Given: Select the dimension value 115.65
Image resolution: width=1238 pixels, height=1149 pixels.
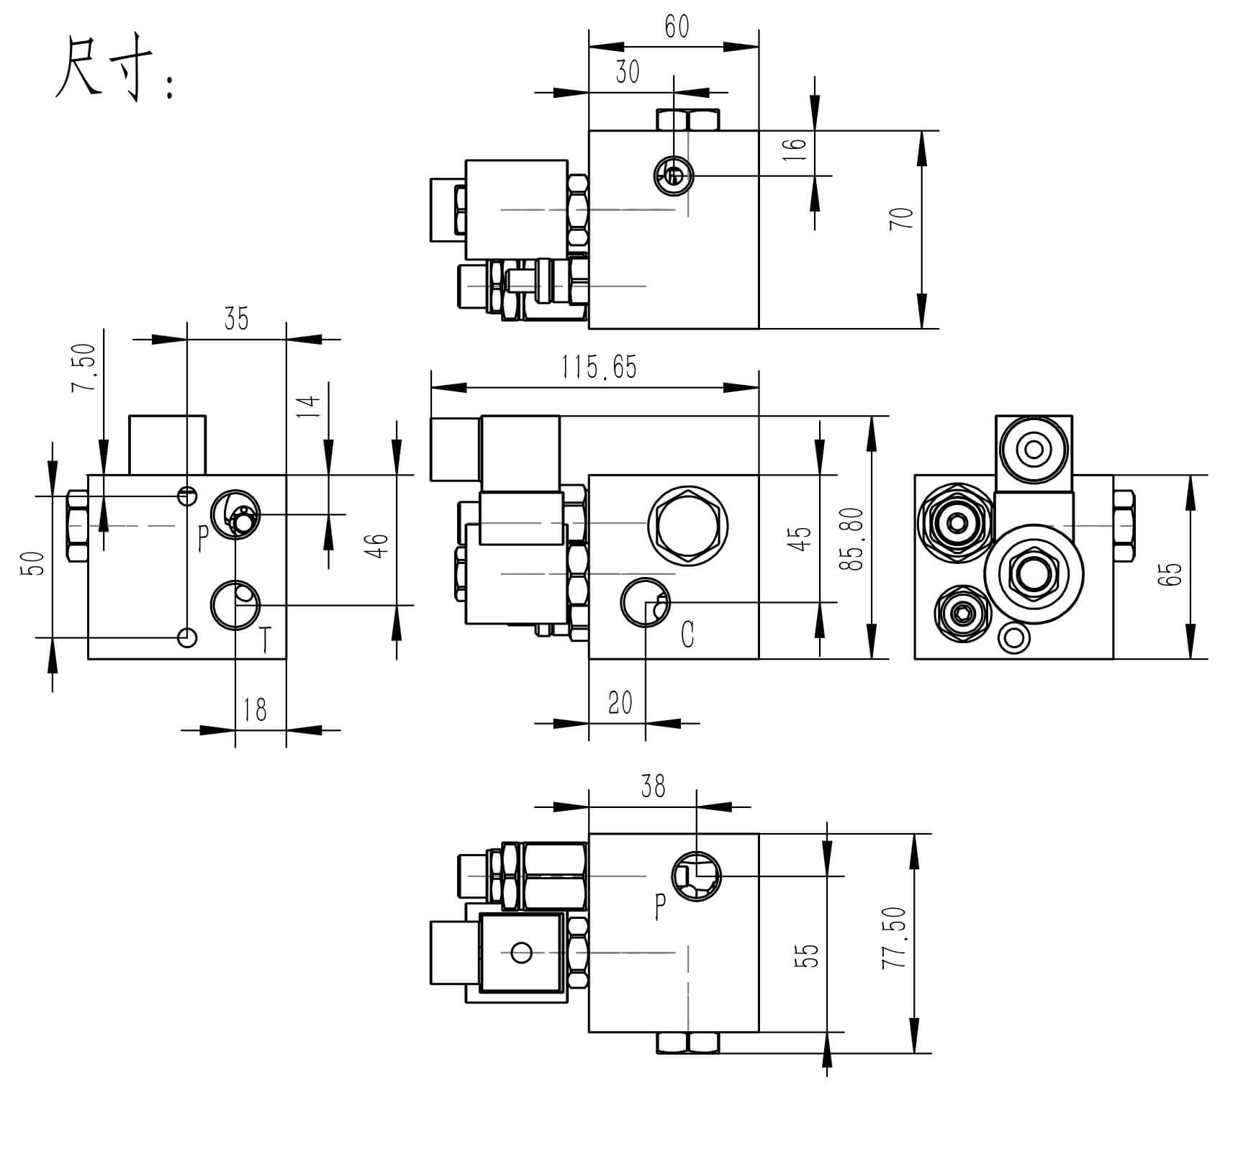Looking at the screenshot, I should pyautogui.click(x=599, y=368).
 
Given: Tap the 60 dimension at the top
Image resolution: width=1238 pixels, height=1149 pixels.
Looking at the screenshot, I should pyautogui.click(x=677, y=27).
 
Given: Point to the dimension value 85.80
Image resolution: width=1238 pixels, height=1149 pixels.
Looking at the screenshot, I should pyautogui.click(x=855, y=539).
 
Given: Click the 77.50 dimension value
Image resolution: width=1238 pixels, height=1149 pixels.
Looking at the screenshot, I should pyautogui.click(x=894, y=937).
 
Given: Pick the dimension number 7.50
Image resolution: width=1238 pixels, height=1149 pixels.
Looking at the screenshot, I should pyautogui.click(x=83, y=367).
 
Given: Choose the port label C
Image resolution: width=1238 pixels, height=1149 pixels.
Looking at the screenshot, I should pyautogui.click(x=687, y=635).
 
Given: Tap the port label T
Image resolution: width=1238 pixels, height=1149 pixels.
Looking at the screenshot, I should pyautogui.click(x=265, y=640).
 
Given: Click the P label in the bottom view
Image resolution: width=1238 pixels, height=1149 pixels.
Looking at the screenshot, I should pyautogui.click(x=660, y=907).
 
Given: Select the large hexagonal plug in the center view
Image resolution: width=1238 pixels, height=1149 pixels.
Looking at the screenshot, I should pyautogui.click(x=687, y=524).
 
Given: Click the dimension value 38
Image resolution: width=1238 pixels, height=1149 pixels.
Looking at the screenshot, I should pyautogui.click(x=653, y=786).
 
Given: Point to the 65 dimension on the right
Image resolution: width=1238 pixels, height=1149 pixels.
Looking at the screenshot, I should pyautogui.click(x=1173, y=573).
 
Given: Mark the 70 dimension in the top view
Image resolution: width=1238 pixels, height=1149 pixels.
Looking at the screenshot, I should pyautogui.click(x=902, y=218).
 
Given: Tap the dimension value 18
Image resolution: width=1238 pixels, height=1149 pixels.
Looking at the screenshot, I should pyautogui.click(x=255, y=710).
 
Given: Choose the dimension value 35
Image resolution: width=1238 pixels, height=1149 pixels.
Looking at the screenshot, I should pyautogui.click(x=236, y=319).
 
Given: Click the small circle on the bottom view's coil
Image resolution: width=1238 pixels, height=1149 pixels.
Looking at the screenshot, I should pyautogui.click(x=522, y=953).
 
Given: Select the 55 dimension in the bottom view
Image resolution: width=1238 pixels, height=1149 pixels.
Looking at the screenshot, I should pyautogui.click(x=810, y=955).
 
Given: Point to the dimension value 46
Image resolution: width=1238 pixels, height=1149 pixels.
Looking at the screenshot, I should pyautogui.click(x=377, y=545).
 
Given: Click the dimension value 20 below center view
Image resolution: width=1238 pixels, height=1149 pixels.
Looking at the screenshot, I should pyautogui.click(x=620, y=703).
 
